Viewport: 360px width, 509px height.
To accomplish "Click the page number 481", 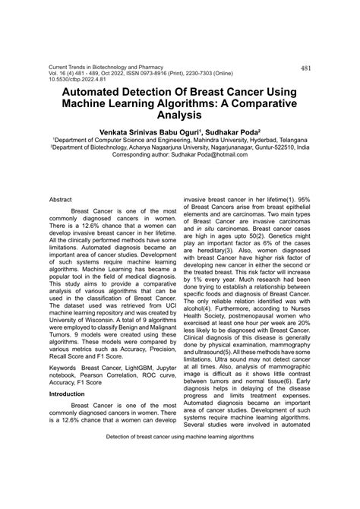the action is click(306, 68).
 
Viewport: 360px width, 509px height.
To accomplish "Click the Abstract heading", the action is click(60, 198).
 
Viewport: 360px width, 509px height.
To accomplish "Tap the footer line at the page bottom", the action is click(180, 479).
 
